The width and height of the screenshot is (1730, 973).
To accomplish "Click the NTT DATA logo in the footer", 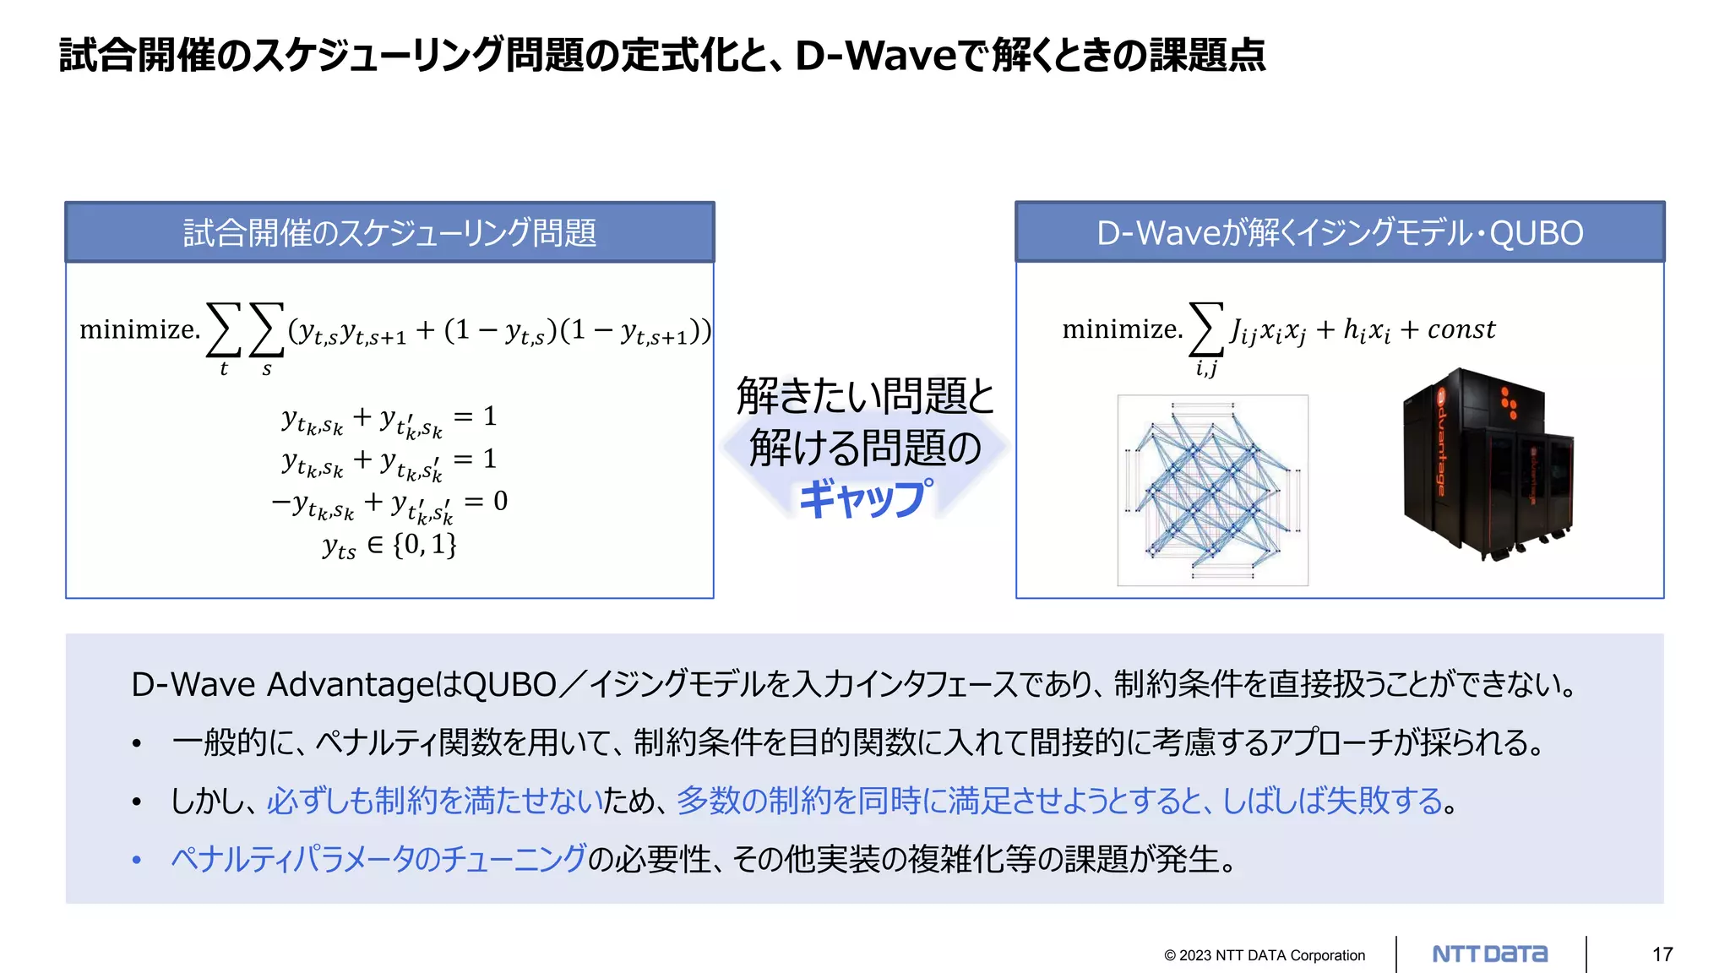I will point(1490,954).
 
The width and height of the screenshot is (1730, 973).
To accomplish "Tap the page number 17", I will point(1662,954).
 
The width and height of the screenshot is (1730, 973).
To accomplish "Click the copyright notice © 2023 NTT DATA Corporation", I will point(1264,955).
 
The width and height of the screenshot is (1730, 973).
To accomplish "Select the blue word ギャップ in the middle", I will point(866,498).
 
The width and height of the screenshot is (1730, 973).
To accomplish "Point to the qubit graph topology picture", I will point(1212,490).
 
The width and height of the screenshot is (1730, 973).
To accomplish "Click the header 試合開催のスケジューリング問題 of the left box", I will point(389,232).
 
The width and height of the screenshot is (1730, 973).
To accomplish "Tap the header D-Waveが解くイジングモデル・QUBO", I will point(1340,232).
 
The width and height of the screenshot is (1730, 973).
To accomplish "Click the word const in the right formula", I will point(1461,329).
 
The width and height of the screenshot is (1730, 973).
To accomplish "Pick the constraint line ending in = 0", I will point(389,503).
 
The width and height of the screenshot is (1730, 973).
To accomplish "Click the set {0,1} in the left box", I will point(425,544).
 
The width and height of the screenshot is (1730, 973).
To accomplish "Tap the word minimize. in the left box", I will point(140,329).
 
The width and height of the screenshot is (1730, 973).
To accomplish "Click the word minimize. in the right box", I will point(1122,329).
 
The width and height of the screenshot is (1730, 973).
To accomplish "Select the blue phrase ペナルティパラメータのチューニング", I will point(378,859).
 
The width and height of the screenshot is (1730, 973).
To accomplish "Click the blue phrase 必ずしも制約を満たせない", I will point(433,800).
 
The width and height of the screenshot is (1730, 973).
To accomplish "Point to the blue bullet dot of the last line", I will point(137,861).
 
